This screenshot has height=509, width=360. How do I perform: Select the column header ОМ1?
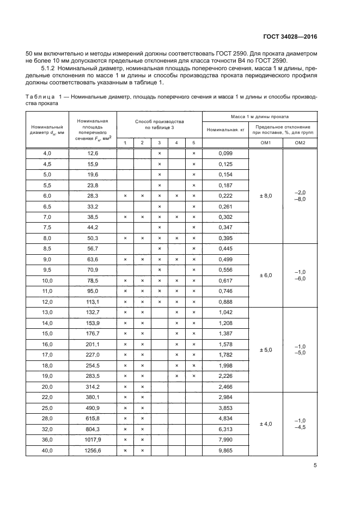pyautogui.click(x=265, y=143)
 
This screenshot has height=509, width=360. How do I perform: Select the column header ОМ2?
pyautogui.click(x=300, y=143)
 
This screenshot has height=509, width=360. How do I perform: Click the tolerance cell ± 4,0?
pyautogui.click(x=265, y=424)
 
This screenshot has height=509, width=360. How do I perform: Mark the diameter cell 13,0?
pyautogui.click(x=47, y=312)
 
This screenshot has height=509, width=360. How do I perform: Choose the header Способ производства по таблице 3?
pyautogui.click(x=159, y=124)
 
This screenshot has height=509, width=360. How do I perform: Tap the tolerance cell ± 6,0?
pyautogui.click(x=265, y=275)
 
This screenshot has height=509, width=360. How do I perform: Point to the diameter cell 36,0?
pyautogui.click(x=47, y=440)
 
